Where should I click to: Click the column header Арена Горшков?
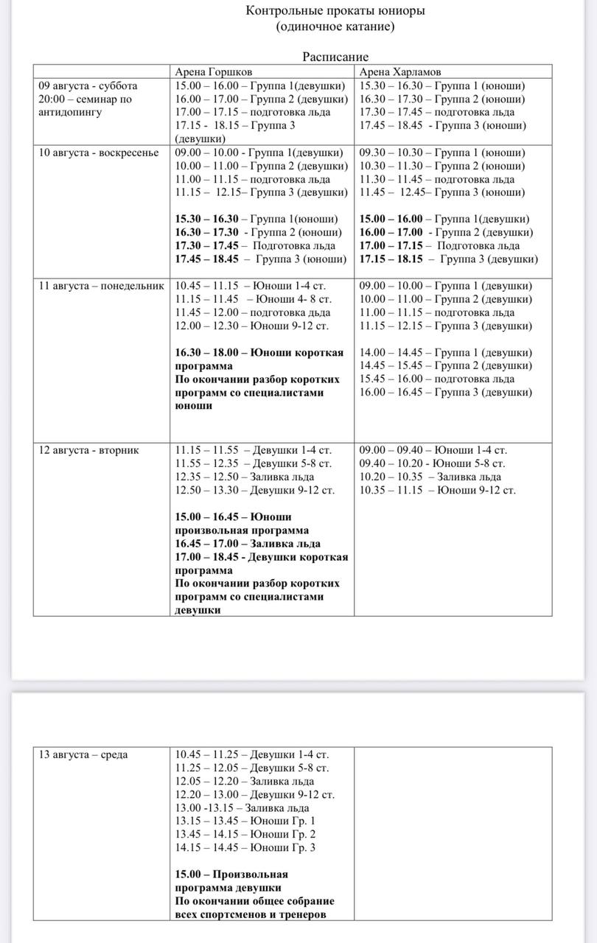213,72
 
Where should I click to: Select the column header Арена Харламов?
400,72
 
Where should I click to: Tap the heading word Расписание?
335,57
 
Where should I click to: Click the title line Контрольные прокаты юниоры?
335,10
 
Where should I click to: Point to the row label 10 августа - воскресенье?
99,153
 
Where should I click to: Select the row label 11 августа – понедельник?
101,286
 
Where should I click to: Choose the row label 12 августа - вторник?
88,450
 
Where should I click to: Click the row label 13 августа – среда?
83,754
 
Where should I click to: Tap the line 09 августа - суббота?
88,85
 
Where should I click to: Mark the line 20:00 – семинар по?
85,99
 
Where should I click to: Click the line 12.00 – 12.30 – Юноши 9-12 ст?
252,326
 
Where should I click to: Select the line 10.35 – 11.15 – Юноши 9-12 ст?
438,490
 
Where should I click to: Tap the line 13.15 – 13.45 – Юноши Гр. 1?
245,821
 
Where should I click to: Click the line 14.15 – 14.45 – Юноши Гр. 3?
245,847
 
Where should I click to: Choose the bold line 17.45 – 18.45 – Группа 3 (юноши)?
261,259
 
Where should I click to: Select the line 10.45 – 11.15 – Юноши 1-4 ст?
251,286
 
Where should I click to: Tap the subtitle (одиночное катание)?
335,27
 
